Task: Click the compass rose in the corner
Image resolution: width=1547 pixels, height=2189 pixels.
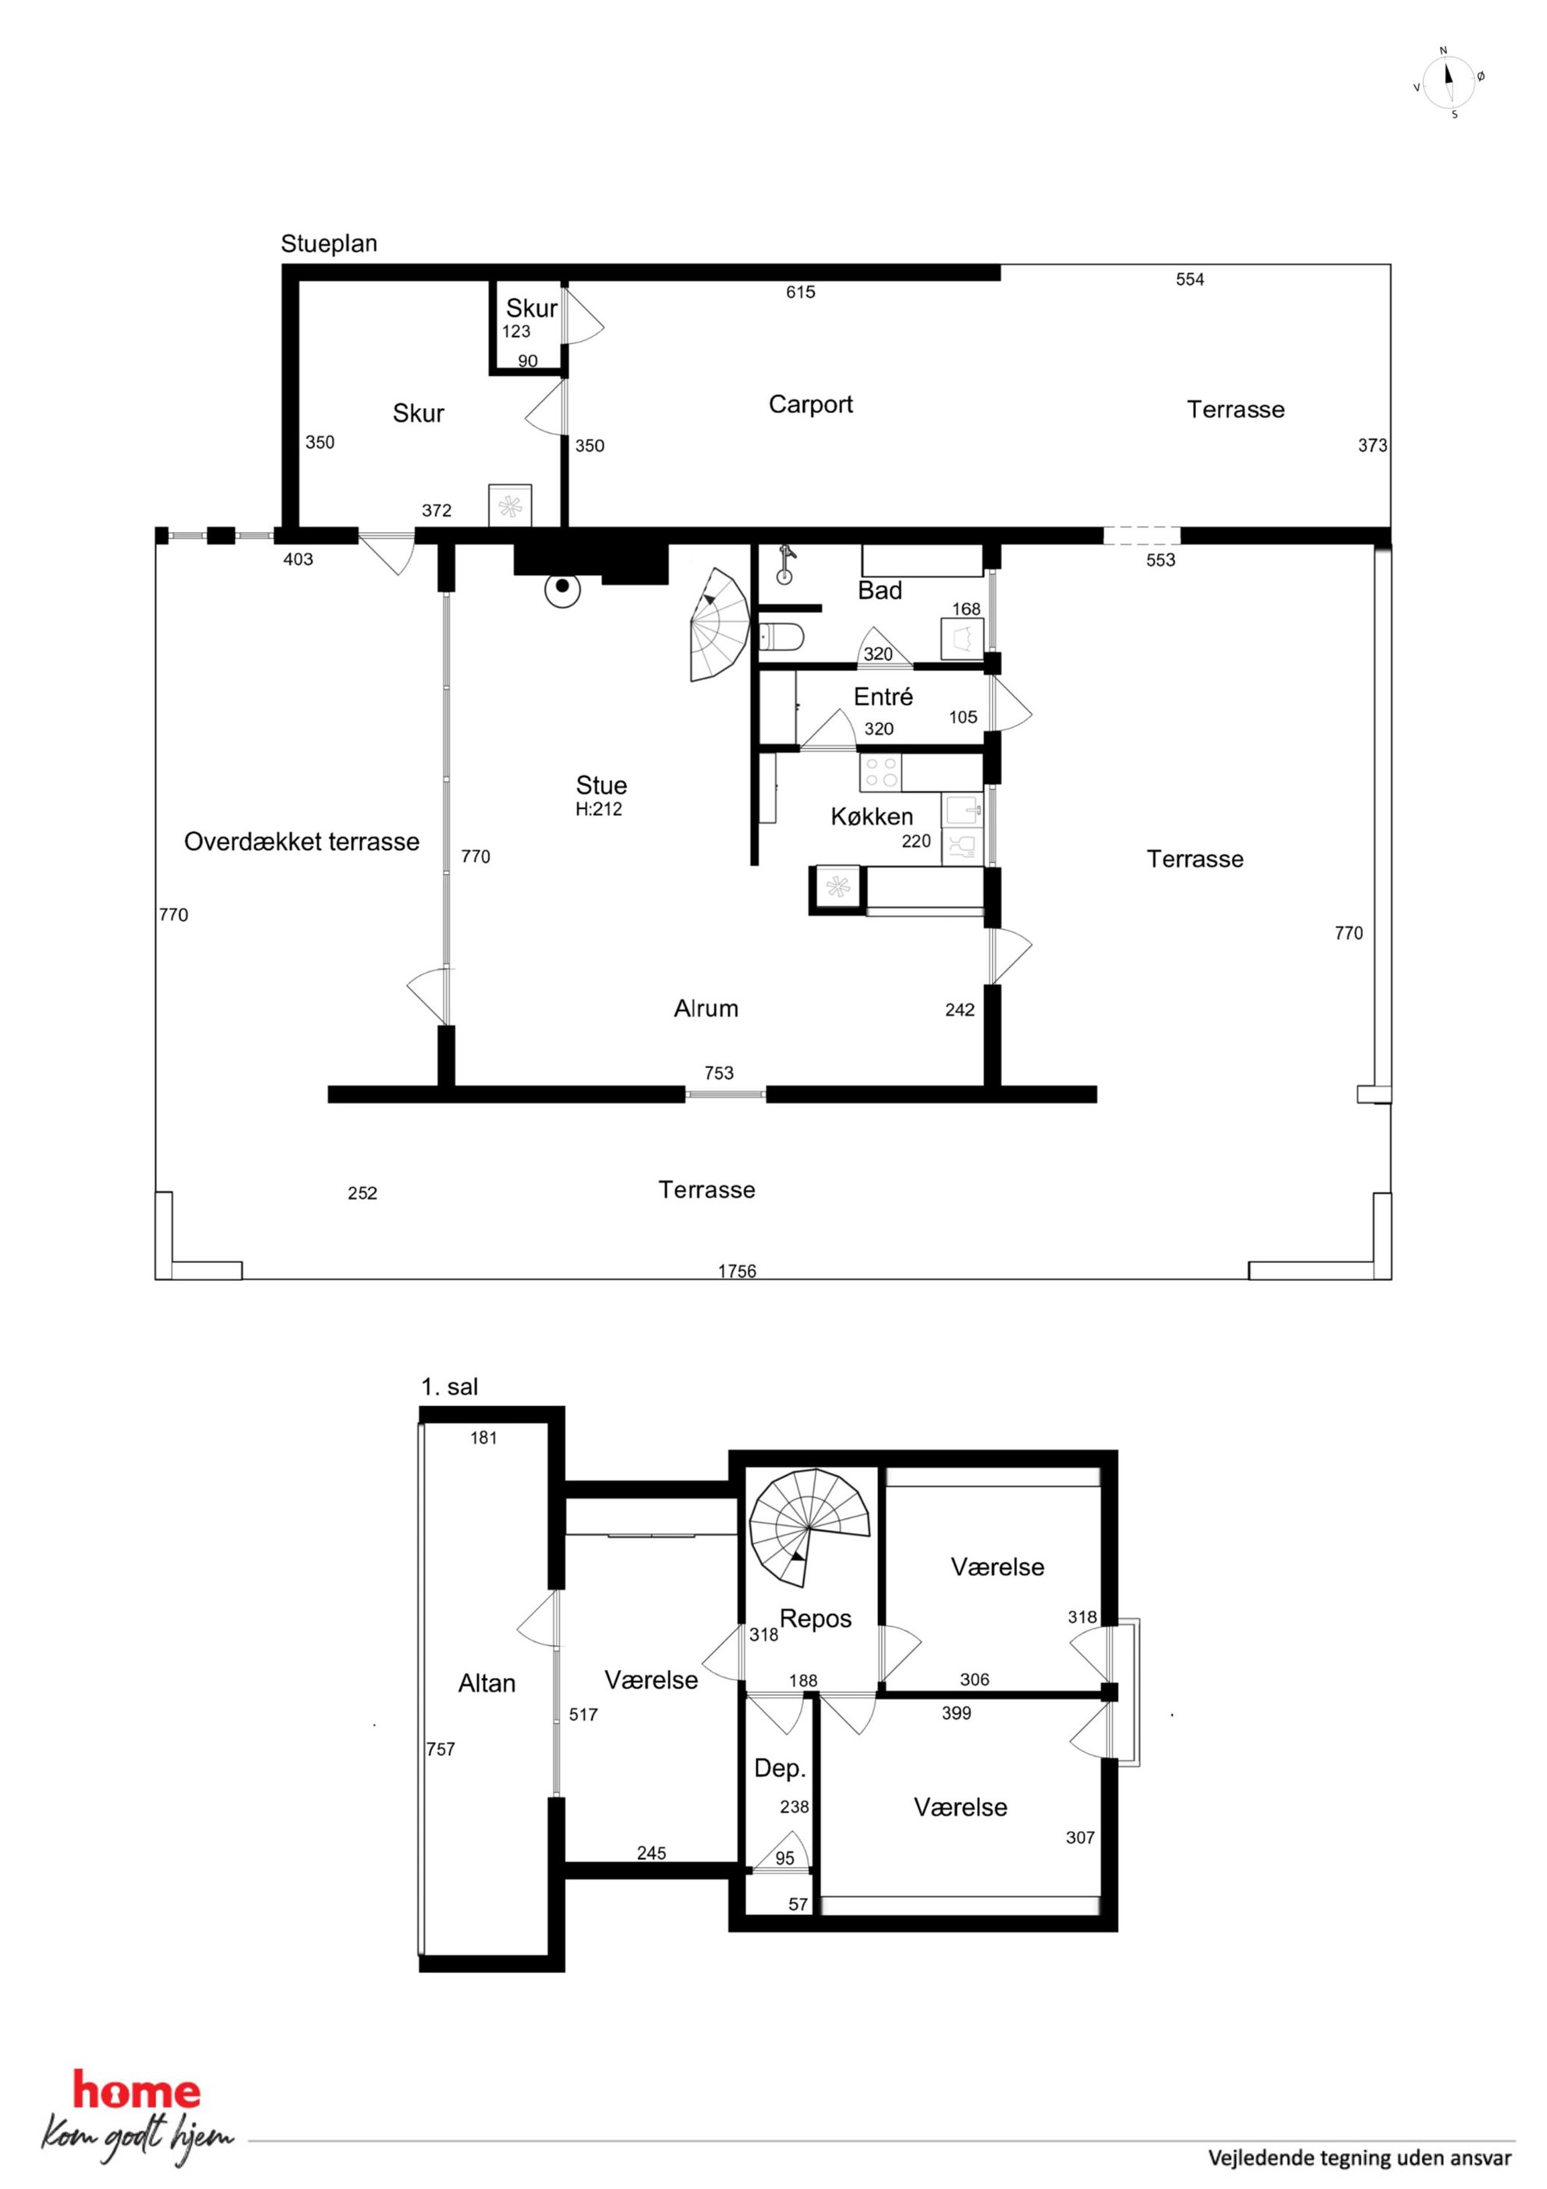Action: pos(1449,82)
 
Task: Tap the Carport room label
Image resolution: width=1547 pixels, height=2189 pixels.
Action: pos(810,404)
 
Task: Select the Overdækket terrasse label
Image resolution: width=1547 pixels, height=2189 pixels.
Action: pos(301,842)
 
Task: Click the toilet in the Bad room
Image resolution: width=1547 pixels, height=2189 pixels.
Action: pos(781,635)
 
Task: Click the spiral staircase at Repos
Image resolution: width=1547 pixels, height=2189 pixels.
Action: pos(809,1527)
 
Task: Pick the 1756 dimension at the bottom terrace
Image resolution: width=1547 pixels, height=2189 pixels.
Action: pos(737,1271)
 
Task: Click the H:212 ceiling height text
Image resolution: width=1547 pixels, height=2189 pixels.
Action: pos(599,810)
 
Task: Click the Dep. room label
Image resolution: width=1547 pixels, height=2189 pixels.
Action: pos(780,1769)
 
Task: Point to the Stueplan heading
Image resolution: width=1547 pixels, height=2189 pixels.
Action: pos(329,244)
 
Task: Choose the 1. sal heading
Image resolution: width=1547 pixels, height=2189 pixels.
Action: pos(449,1387)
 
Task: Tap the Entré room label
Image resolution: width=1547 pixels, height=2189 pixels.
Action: pos(883,697)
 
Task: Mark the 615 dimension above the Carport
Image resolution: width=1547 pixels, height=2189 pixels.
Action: pos(801,293)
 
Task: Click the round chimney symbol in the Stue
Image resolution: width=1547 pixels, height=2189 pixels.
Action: pos(562,589)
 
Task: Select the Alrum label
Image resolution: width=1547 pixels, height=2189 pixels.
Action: pos(706,1009)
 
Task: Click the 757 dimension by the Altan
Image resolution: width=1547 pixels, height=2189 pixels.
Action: pos(441,1750)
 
